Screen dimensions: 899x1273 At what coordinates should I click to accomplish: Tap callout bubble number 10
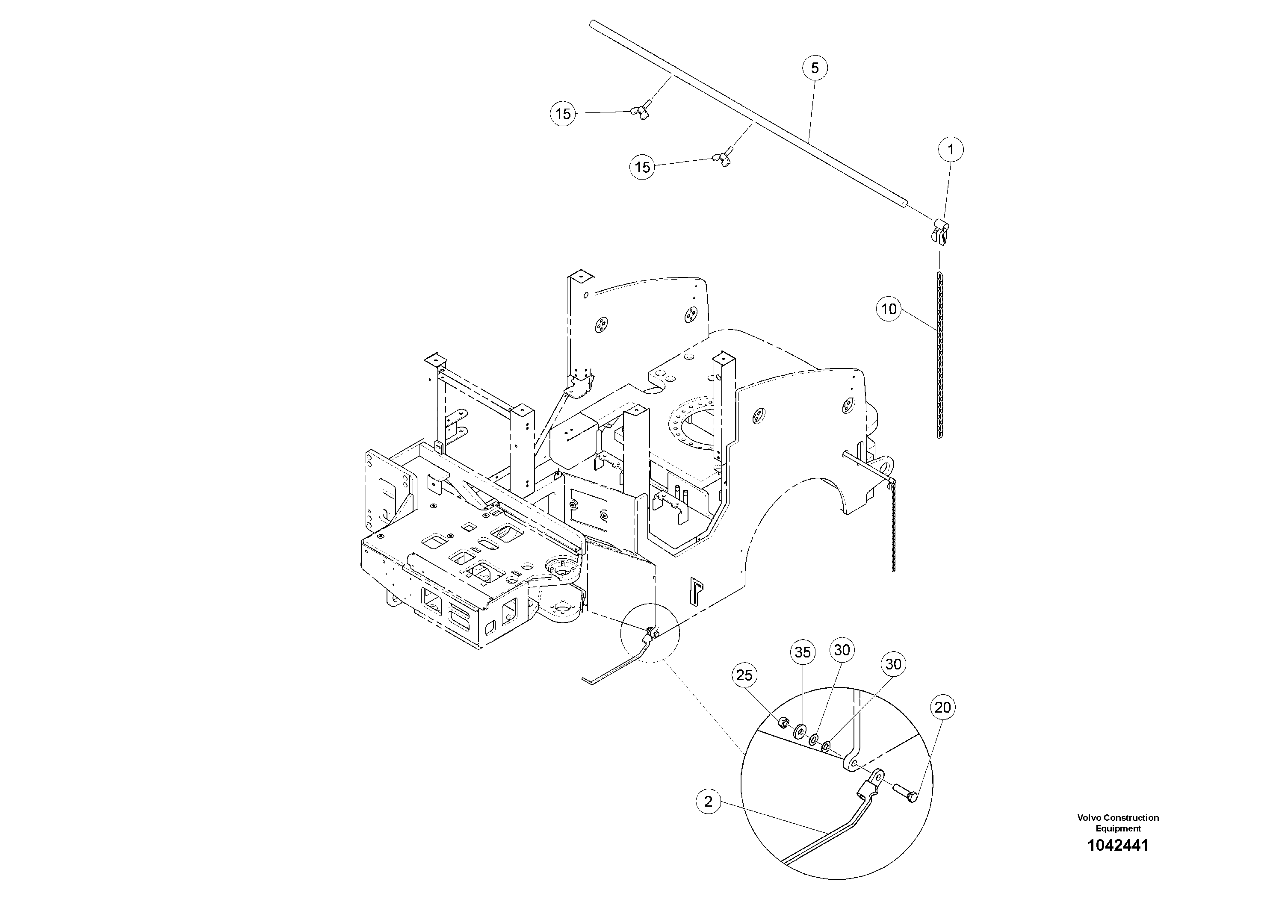pyautogui.click(x=889, y=309)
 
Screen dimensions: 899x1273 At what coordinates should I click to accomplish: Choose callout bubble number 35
pyautogui.click(x=802, y=653)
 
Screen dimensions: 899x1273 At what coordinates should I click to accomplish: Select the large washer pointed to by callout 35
pyautogui.click(x=800, y=731)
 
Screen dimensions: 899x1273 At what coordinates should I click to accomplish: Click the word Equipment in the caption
pyautogui.click(x=1118, y=828)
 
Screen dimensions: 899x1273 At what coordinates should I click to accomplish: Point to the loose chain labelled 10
pyautogui.click(x=939, y=355)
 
